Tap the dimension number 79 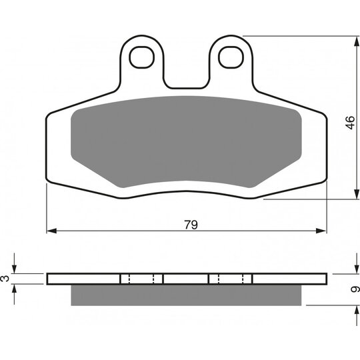click(x=191, y=225)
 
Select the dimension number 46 click(x=351, y=123)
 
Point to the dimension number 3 click(x=5, y=279)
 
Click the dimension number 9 click(x=355, y=289)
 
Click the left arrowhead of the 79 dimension click(x=51, y=231)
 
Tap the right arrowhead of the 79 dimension click(x=321, y=231)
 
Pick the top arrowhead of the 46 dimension click(x=357, y=41)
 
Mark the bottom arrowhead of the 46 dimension click(x=357, y=194)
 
